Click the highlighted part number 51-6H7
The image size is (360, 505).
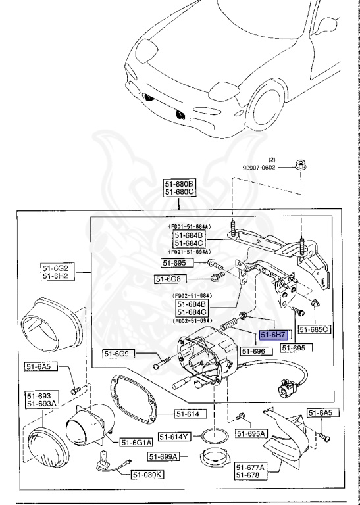[x=272, y=335]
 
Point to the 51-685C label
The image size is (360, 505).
[x=314, y=329]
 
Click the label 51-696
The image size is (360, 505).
[x=253, y=352]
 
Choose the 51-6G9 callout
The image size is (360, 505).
[x=119, y=354]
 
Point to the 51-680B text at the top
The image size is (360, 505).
[x=180, y=183]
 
